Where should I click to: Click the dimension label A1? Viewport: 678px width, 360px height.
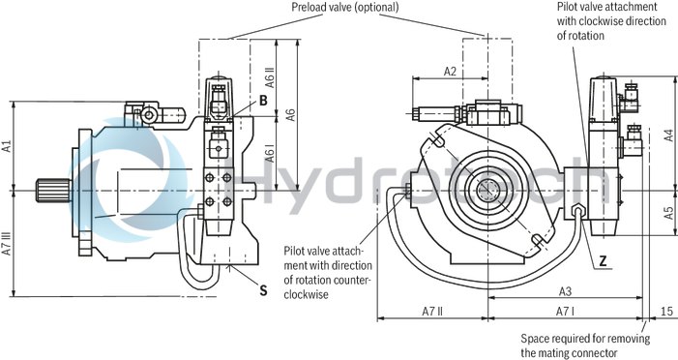(7, 147)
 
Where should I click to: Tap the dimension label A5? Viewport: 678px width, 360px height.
(668, 212)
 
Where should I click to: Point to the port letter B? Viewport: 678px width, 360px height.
(262, 100)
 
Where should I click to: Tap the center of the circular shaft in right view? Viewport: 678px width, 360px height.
(487, 190)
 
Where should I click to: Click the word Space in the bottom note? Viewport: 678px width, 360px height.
(538, 338)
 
